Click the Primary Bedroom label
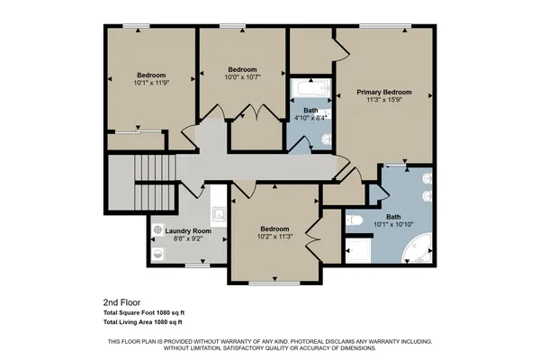(383, 92)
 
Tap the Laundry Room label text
(188, 231)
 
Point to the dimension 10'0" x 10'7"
(242, 77)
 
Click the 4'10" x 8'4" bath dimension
(310, 117)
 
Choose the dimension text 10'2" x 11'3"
(274, 237)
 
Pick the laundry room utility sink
(218, 214)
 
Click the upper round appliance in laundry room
(159, 230)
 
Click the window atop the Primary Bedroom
(386, 25)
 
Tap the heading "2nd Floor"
(122, 302)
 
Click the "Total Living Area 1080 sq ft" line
(143, 321)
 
